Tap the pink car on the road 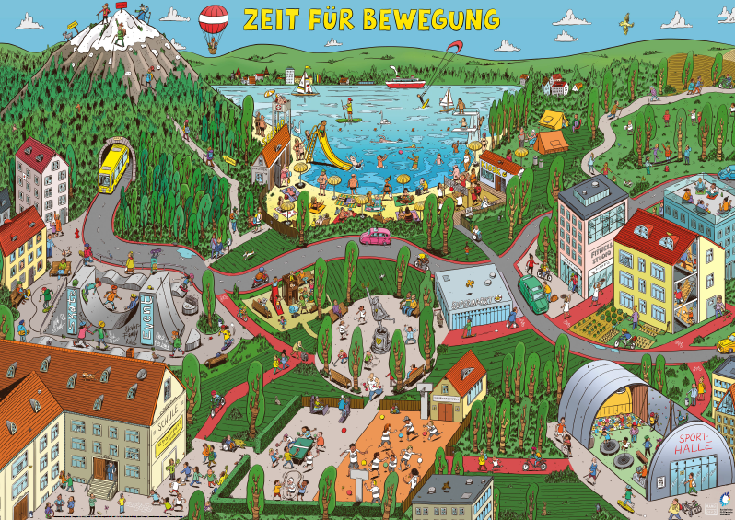click(377, 237)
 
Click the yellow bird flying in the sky click(627, 20)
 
